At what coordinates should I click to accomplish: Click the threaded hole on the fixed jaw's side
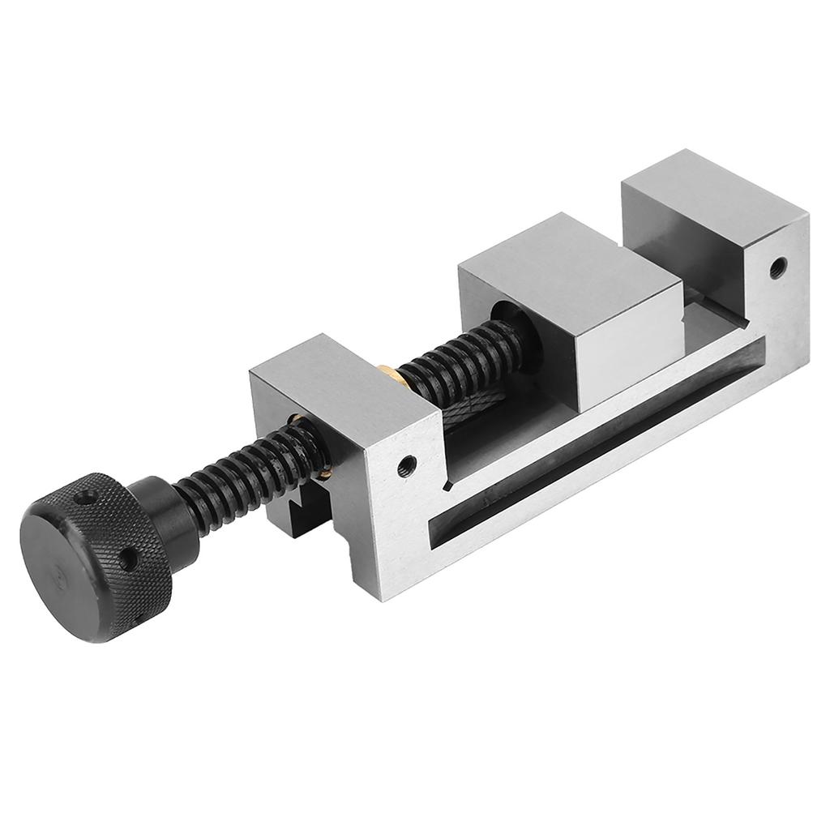click(778, 265)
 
